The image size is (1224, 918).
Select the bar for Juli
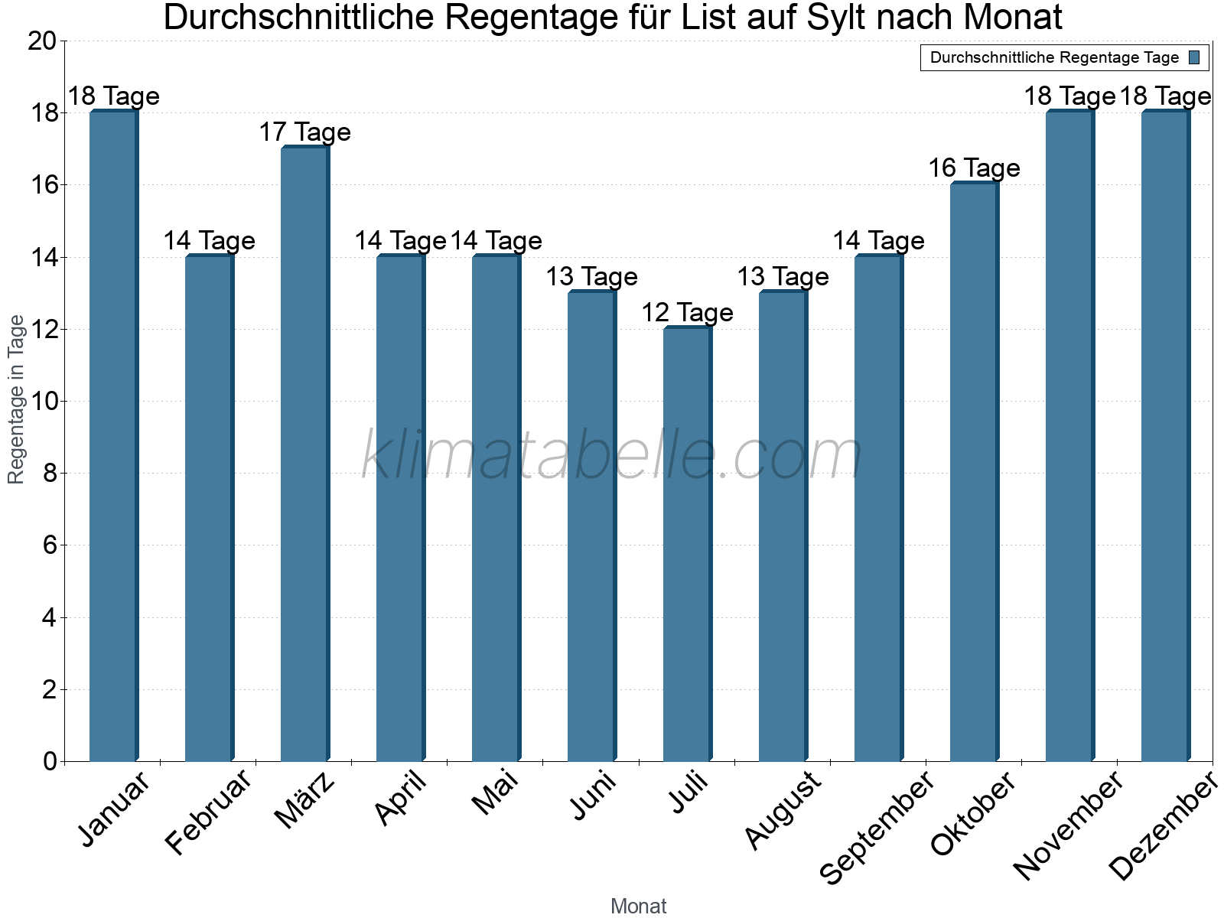click(687, 545)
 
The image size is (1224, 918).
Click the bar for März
click(304, 454)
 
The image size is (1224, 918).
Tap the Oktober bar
click(974, 472)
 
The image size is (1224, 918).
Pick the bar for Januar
click(113, 436)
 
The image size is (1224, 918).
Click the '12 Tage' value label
click(687, 313)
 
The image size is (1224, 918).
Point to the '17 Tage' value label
click(304, 132)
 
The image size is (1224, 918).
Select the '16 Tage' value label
click(974, 168)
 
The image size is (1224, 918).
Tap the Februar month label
click(209, 812)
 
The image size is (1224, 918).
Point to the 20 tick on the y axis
click(42, 41)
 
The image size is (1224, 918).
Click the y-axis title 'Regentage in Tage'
click(16, 399)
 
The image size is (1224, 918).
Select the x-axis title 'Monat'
click(638, 906)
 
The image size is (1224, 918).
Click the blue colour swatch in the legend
click(1194, 57)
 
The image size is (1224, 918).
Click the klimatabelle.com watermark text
click(612, 455)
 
